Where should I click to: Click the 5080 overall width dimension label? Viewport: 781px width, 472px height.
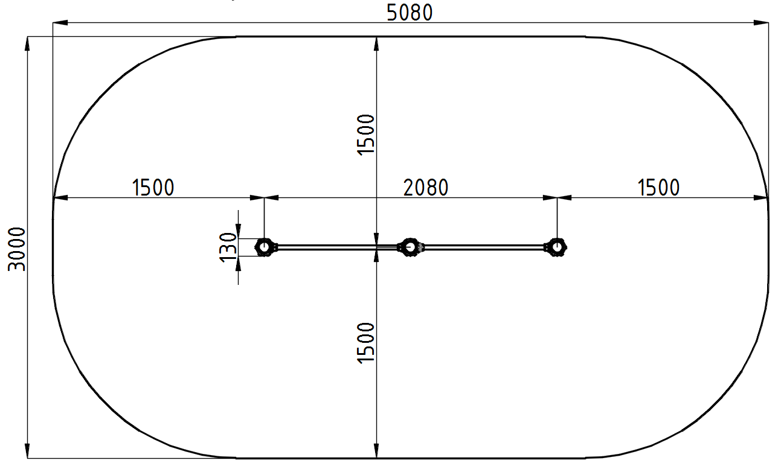click(x=410, y=11)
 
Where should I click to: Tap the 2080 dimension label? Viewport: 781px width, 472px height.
click(x=426, y=187)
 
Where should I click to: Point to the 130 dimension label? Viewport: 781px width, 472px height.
click(x=228, y=247)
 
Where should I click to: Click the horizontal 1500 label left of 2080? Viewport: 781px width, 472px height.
click(x=153, y=187)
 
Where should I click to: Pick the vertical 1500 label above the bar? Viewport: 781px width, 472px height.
click(x=366, y=135)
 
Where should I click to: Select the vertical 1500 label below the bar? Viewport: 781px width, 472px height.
click(x=366, y=342)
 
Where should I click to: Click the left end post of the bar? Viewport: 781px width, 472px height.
click(x=264, y=247)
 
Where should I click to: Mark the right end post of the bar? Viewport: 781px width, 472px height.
click(x=556, y=247)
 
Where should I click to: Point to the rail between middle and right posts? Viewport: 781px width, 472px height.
click(x=483, y=247)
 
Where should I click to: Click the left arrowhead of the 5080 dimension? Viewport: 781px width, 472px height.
click(x=59, y=23)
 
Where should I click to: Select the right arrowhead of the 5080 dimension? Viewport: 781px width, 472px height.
click(x=762, y=23)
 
